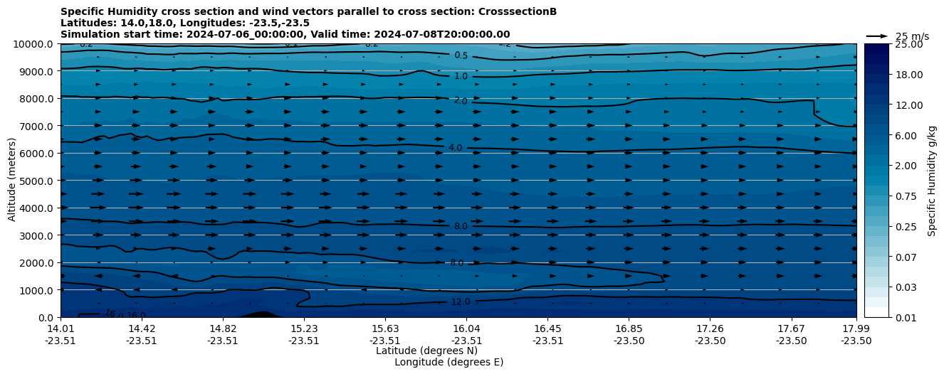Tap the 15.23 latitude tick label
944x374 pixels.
[304, 328]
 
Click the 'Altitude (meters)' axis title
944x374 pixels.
[12, 181]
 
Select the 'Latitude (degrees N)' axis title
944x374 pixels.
[416, 351]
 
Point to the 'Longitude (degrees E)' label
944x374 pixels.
[449, 362]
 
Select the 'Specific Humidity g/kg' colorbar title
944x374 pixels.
[932, 181]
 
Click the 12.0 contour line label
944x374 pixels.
[461, 302]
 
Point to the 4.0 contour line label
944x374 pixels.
[455, 147]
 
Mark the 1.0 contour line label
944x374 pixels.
[461, 76]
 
